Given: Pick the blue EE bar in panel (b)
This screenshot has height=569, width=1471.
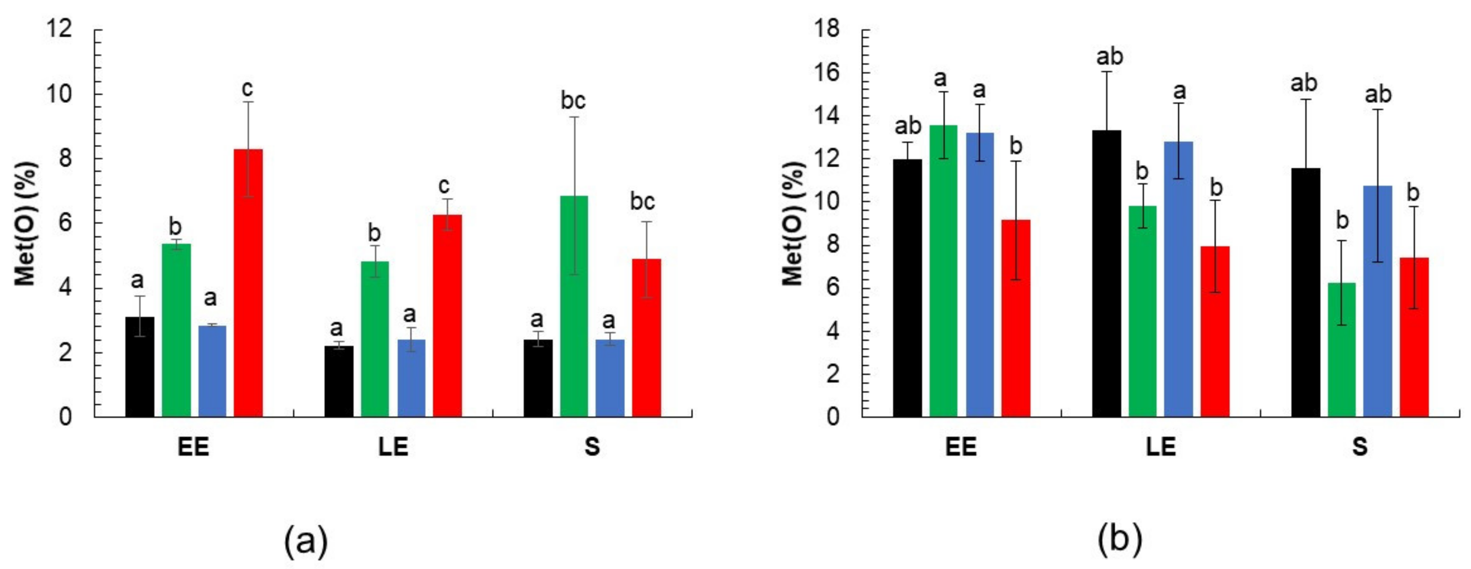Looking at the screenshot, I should pyautogui.click(x=980, y=274).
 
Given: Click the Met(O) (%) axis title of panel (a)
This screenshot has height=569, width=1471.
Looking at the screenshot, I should pyautogui.click(x=26, y=223).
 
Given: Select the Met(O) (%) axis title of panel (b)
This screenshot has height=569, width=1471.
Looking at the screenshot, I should pyautogui.click(x=793, y=223).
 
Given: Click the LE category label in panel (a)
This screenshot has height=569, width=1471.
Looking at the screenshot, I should pyautogui.click(x=393, y=447).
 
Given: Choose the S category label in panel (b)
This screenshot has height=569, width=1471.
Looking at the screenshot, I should pyautogui.click(x=1360, y=447).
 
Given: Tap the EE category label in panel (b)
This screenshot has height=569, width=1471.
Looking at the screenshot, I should pyautogui.click(x=961, y=447).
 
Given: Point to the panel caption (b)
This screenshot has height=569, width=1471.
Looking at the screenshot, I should pyautogui.click(x=1120, y=540).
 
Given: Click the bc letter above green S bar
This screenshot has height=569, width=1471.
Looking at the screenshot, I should pyautogui.click(x=573, y=101).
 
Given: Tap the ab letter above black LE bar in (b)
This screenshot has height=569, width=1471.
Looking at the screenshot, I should pyautogui.click(x=1109, y=56).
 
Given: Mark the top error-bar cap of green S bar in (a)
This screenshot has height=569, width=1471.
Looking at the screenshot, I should pyautogui.click(x=574, y=117).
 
